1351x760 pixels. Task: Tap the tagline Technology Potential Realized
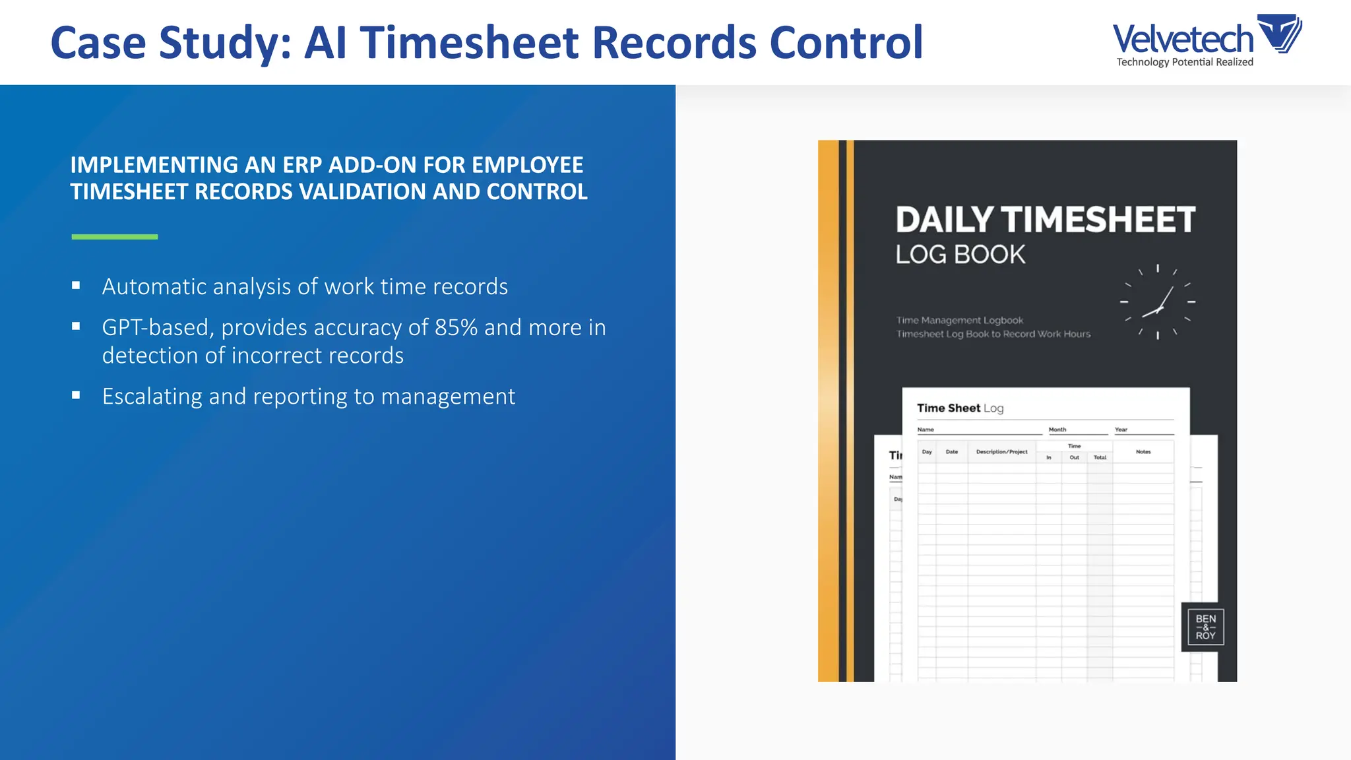coord(1185,62)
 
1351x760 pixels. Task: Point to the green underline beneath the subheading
coord(115,236)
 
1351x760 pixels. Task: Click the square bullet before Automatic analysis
coord(77,286)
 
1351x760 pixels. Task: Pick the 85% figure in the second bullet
coord(456,327)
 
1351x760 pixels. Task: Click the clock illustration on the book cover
coord(1158,301)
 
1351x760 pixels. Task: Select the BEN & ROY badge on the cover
coord(1205,627)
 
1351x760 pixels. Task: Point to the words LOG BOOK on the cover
coord(960,255)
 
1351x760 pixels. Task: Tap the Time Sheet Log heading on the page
coord(960,408)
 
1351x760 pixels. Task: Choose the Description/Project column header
coord(1001,452)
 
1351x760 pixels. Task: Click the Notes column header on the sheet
coord(1143,452)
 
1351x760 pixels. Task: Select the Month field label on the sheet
coord(1057,429)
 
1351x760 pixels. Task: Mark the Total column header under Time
coord(1100,457)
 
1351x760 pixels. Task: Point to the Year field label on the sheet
coord(1121,429)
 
